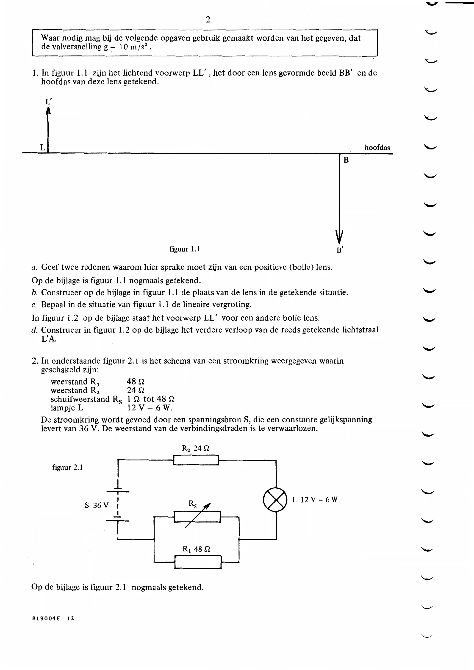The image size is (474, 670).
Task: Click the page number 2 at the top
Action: coord(208,19)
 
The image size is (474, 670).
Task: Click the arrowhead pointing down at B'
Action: coord(339,237)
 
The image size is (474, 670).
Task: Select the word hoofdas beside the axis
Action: coord(377,148)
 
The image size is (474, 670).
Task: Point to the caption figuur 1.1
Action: coord(184,249)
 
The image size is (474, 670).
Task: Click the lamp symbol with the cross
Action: coord(275,499)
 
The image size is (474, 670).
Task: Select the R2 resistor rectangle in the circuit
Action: coord(196,460)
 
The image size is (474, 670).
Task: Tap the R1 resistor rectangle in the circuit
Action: coord(198,562)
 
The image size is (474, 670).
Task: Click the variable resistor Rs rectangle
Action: coord(197,517)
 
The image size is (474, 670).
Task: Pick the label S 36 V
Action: coord(97,505)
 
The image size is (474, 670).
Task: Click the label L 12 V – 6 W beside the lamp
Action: coord(315,500)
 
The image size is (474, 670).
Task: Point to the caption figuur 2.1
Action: coord(67,468)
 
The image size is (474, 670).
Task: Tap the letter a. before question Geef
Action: coord(34,267)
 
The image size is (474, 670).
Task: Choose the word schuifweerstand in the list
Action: coord(80,399)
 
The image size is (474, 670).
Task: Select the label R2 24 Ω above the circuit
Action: coord(196,448)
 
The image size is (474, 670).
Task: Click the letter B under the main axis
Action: coord(346,160)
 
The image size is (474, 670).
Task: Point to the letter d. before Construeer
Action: coord(34,330)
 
